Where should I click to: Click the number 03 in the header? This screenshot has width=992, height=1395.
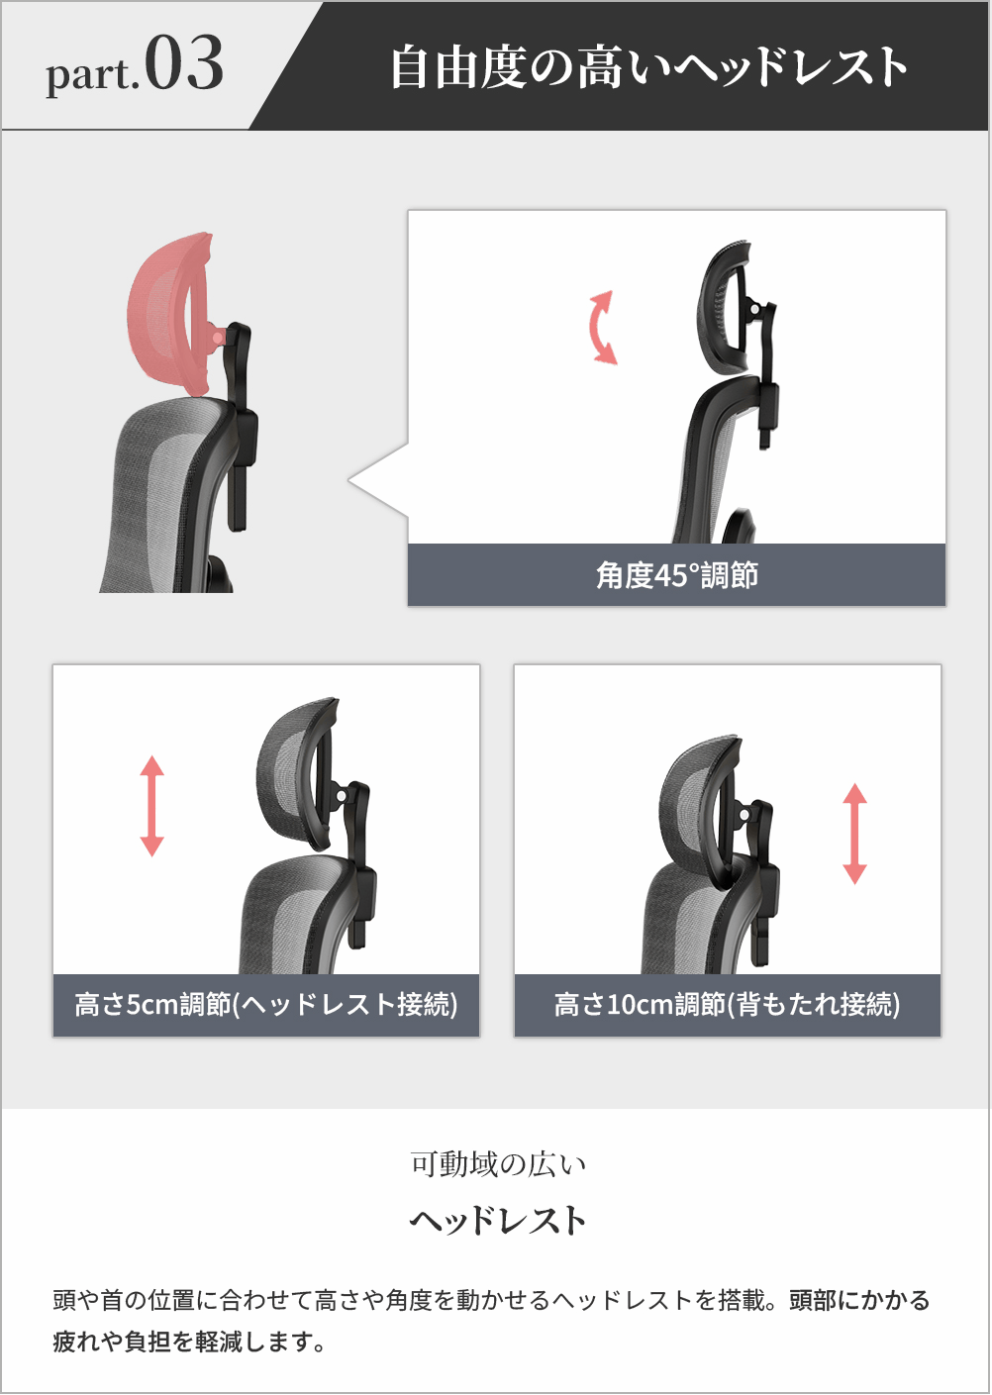184,63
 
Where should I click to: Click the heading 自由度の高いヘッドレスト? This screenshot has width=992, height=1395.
648,66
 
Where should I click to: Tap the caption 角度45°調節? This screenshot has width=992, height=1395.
677,575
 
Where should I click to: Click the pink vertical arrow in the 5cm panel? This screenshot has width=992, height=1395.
151,806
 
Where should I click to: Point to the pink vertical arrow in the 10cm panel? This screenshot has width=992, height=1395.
855,834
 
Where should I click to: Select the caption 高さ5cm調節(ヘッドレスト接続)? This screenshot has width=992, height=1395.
266,1004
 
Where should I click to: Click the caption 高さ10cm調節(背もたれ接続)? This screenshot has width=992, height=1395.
728,1004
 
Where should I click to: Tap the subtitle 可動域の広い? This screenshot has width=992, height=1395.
498,1164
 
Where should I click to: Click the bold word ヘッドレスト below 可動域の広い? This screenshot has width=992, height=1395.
498,1221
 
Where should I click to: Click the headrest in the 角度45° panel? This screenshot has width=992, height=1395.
724,306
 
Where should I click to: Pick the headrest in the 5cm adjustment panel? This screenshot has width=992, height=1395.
298,772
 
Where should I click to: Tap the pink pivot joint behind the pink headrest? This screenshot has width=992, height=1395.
217,337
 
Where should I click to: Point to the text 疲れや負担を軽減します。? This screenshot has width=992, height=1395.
189,1342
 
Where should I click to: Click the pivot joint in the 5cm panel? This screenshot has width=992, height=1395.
341,797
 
